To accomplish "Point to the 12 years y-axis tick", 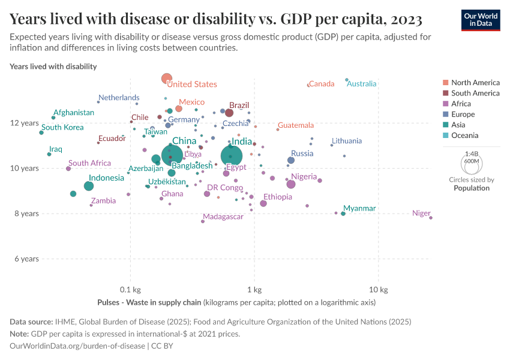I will pyautogui.click(x=25, y=123).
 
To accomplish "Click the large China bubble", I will pyautogui.click(x=172, y=156).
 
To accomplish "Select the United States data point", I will pyautogui.click(x=167, y=79).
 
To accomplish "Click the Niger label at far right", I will pyautogui.click(x=421, y=213).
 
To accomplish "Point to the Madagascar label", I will pyautogui.click(x=223, y=217).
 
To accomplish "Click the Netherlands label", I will pyautogui.click(x=119, y=98).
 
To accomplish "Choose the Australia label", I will pyautogui.click(x=362, y=83).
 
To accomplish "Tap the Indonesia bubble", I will pyautogui.click(x=89, y=186).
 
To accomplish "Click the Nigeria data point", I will pyautogui.click(x=291, y=184).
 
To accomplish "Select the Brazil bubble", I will pyautogui.click(x=229, y=113).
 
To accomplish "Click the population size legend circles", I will pyautogui.click(x=471, y=163).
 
